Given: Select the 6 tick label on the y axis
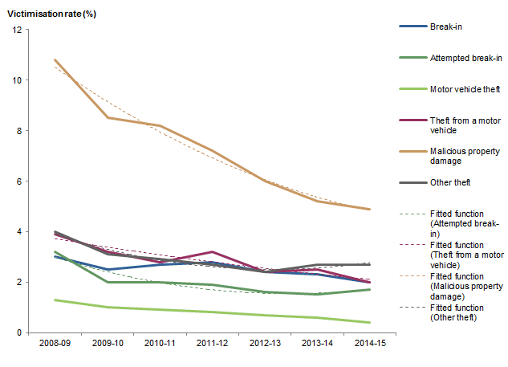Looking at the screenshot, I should (x=20, y=181).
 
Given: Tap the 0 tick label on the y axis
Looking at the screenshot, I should (x=20, y=332).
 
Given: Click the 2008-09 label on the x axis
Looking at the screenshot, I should (x=55, y=343).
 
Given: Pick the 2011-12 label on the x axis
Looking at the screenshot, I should (x=210, y=343).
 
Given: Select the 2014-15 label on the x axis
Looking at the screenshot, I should (x=368, y=343).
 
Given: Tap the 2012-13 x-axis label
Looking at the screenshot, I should (x=263, y=343).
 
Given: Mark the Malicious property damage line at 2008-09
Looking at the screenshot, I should (x=55, y=60).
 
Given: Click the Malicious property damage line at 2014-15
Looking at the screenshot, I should (x=368, y=209).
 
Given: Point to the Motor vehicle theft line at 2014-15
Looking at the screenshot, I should (x=368, y=322).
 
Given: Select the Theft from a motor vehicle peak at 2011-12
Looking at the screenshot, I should (x=211, y=252).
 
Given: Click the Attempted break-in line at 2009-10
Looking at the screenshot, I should (x=107, y=282).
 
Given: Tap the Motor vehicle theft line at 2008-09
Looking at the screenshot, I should (x=55, y=300).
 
